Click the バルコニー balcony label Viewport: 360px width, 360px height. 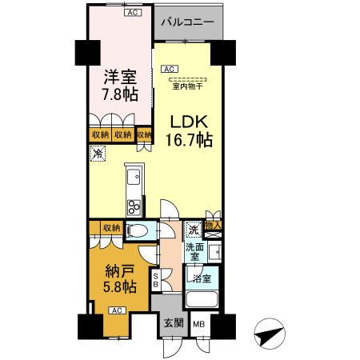186,22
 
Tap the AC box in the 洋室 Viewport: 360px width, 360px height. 130,14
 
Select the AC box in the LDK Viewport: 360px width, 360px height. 170,70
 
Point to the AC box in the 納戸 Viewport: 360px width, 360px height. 116,310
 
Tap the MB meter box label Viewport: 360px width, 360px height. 198,325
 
